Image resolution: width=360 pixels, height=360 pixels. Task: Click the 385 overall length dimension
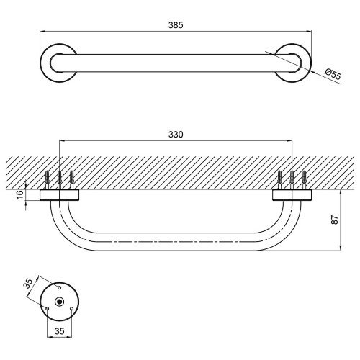(176, 25)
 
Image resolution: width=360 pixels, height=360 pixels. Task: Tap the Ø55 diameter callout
(333, 74)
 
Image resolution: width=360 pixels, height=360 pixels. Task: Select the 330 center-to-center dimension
(176, 135)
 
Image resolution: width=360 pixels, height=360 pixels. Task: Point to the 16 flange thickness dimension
(20, 194)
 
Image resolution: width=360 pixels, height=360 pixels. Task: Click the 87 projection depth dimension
(335, 220)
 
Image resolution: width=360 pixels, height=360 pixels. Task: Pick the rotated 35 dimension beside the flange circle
(28, 284)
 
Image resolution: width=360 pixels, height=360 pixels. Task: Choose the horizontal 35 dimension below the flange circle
(60, 331)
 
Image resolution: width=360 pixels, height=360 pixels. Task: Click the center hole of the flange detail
(59, 302)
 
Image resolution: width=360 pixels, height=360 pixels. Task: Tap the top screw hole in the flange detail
(60, 287)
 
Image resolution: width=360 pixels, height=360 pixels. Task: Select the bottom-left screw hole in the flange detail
(48, 309)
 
